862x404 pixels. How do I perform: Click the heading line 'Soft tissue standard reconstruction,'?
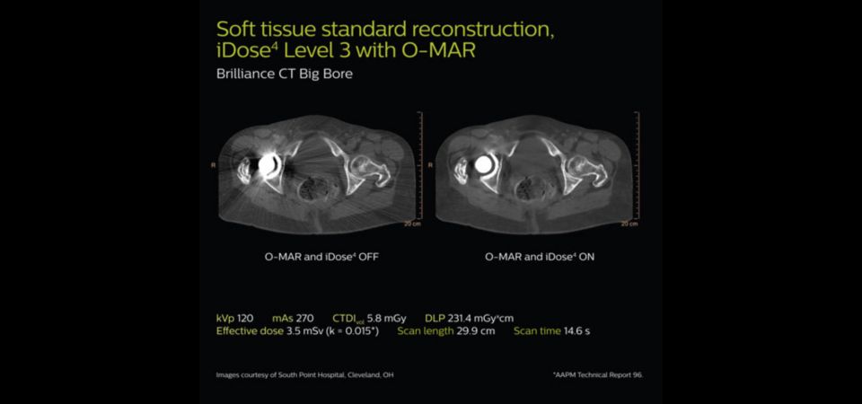pyautogui.click(x=385, y=29)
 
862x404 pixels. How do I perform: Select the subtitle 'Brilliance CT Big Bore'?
pyautogui.click(x=285, y=75)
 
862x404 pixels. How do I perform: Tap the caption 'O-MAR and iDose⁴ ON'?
pyautogui.click(x=540, y=256)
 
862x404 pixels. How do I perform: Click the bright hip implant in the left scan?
pyautogui.click(x=268, y=165)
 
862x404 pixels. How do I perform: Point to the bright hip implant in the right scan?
pyautogui.click(x=484, y=163)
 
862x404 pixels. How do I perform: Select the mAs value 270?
pyautogui.click(x=304, y=318)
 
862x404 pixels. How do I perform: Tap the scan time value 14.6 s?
pyautogui.click(x=576, y=331)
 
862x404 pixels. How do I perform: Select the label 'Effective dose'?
pyautogui.click(x=251, y=331)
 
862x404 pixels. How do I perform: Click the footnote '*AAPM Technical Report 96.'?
pyautogui.click(x=598, y=375)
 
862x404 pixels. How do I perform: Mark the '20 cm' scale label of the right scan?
pyautogui.click(x=629, y=224)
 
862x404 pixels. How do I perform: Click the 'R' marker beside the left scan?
pyautogui.click(x=213, y=164)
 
